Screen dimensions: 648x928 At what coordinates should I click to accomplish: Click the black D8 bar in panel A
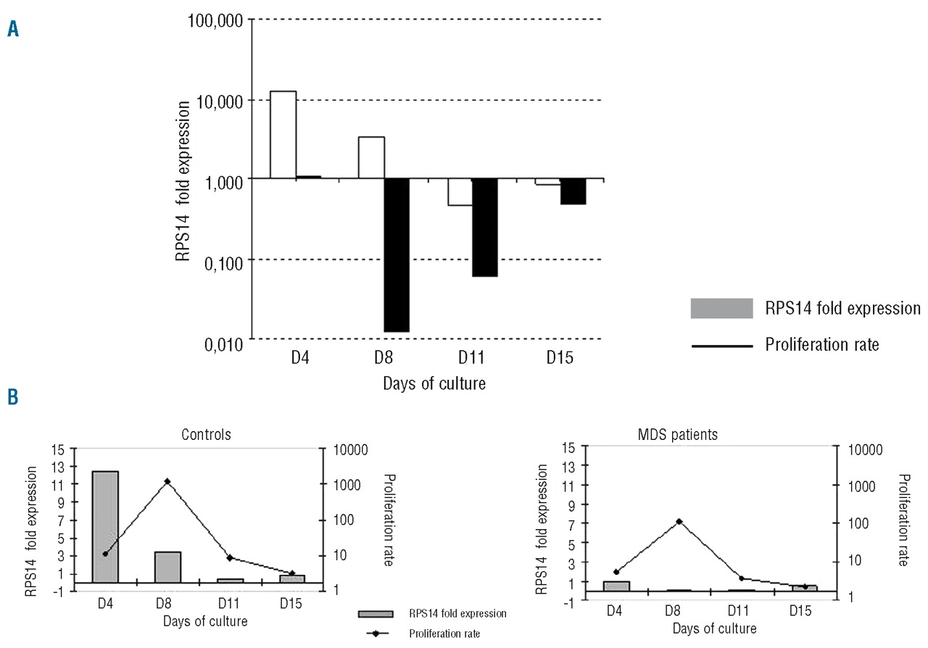(397, 254)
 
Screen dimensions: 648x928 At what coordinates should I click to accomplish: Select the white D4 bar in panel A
(283, 134)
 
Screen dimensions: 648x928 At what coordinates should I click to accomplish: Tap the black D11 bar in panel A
(484, 227)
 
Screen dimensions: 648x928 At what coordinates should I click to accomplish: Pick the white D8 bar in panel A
(371, 157)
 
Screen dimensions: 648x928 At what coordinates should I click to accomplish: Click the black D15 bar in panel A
(573, 191)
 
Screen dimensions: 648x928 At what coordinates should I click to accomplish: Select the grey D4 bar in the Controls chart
(105, 526)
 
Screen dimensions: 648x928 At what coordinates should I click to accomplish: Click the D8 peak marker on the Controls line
(167, 481)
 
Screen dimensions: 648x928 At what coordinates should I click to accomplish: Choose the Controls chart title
(205, 435)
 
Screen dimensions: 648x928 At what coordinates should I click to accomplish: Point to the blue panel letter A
(13, 29)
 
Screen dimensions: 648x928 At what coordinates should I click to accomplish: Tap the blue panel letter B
(13, 398)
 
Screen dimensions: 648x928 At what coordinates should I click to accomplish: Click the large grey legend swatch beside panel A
(722, 309)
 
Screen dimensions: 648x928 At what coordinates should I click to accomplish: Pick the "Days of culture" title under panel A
(434, 383)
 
